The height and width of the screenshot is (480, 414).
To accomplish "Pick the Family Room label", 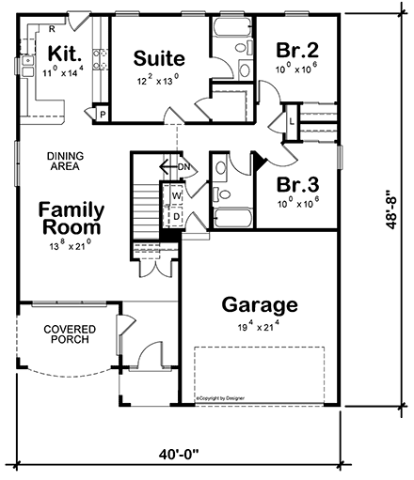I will (x=72, y=219).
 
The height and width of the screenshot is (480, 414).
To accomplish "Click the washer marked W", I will (x=175, y=196).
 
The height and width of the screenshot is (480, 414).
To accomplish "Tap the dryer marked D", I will (x=175, y=216).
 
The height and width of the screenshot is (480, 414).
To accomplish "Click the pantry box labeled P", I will (x=102, y=115).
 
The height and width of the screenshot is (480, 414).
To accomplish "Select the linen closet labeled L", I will (x=293, y=121).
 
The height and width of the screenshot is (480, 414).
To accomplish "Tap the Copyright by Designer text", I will (x=226, y=398).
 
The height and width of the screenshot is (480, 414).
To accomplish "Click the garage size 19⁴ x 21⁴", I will (x=260, y=328).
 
